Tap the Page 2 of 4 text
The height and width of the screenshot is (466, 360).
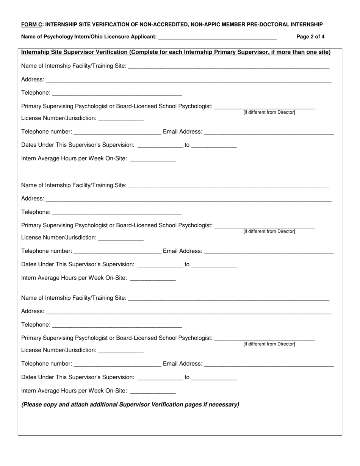310,37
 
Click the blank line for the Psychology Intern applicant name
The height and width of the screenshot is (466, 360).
217,38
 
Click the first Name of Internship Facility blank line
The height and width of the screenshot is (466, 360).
229,67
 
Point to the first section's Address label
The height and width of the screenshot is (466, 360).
33,80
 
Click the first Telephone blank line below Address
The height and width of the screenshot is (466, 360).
117,94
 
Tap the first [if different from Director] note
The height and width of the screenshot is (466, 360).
269,113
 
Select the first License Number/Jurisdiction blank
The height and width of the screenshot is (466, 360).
121,119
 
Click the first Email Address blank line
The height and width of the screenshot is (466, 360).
269,133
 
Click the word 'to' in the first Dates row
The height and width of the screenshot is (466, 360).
187,145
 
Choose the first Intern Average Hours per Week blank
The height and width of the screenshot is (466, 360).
153,160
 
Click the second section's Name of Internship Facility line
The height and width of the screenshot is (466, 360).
229,186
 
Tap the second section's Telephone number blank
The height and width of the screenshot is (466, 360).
117,252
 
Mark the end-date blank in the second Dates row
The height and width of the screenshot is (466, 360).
214,265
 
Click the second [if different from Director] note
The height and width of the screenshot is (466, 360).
269,231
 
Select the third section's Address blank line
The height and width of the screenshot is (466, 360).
189,312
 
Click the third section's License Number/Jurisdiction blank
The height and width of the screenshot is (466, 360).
121,351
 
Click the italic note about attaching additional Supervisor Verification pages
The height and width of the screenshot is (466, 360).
130,405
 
